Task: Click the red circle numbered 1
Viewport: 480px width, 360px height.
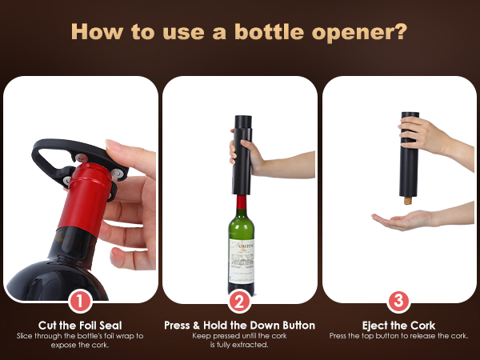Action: pyautogui.click(x=80, y=302)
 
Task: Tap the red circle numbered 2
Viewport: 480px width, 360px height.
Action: pyautogui.click(x=239, y=302)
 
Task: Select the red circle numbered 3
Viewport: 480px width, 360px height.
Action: pyautogui.click(x=399, y=302)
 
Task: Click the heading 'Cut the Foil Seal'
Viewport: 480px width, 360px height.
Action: pyautogui.click(x=80, y=325)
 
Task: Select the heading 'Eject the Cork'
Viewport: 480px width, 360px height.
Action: pyautogui.click(x=399, y=325)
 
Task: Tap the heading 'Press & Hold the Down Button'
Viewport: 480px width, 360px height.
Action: pyautogui.click(x=239, y=325)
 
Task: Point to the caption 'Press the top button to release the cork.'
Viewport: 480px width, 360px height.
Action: pyautogui.click(x=399, y=336)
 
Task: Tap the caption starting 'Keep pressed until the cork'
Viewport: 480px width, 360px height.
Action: pyautogui.click(x=239, y=339)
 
